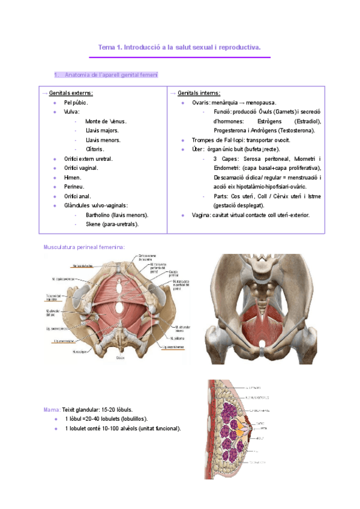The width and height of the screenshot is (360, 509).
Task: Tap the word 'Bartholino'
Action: [x=99, y=214]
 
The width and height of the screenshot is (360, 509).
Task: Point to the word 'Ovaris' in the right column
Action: [x=200, y=103]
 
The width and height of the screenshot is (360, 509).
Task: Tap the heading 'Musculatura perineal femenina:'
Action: [x=84, y=247]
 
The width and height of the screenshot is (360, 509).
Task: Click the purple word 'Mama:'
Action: [x=50, y=409]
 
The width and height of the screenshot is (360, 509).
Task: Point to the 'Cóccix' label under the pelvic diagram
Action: [x=120, y=358]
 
